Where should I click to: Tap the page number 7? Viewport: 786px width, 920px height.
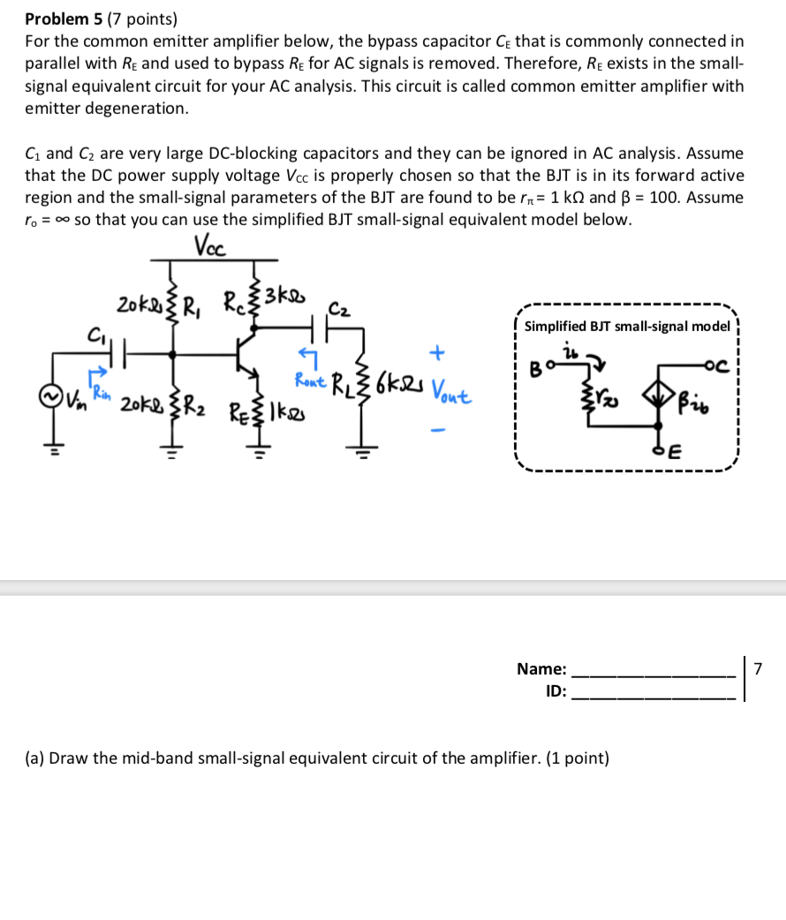pos(756,667)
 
